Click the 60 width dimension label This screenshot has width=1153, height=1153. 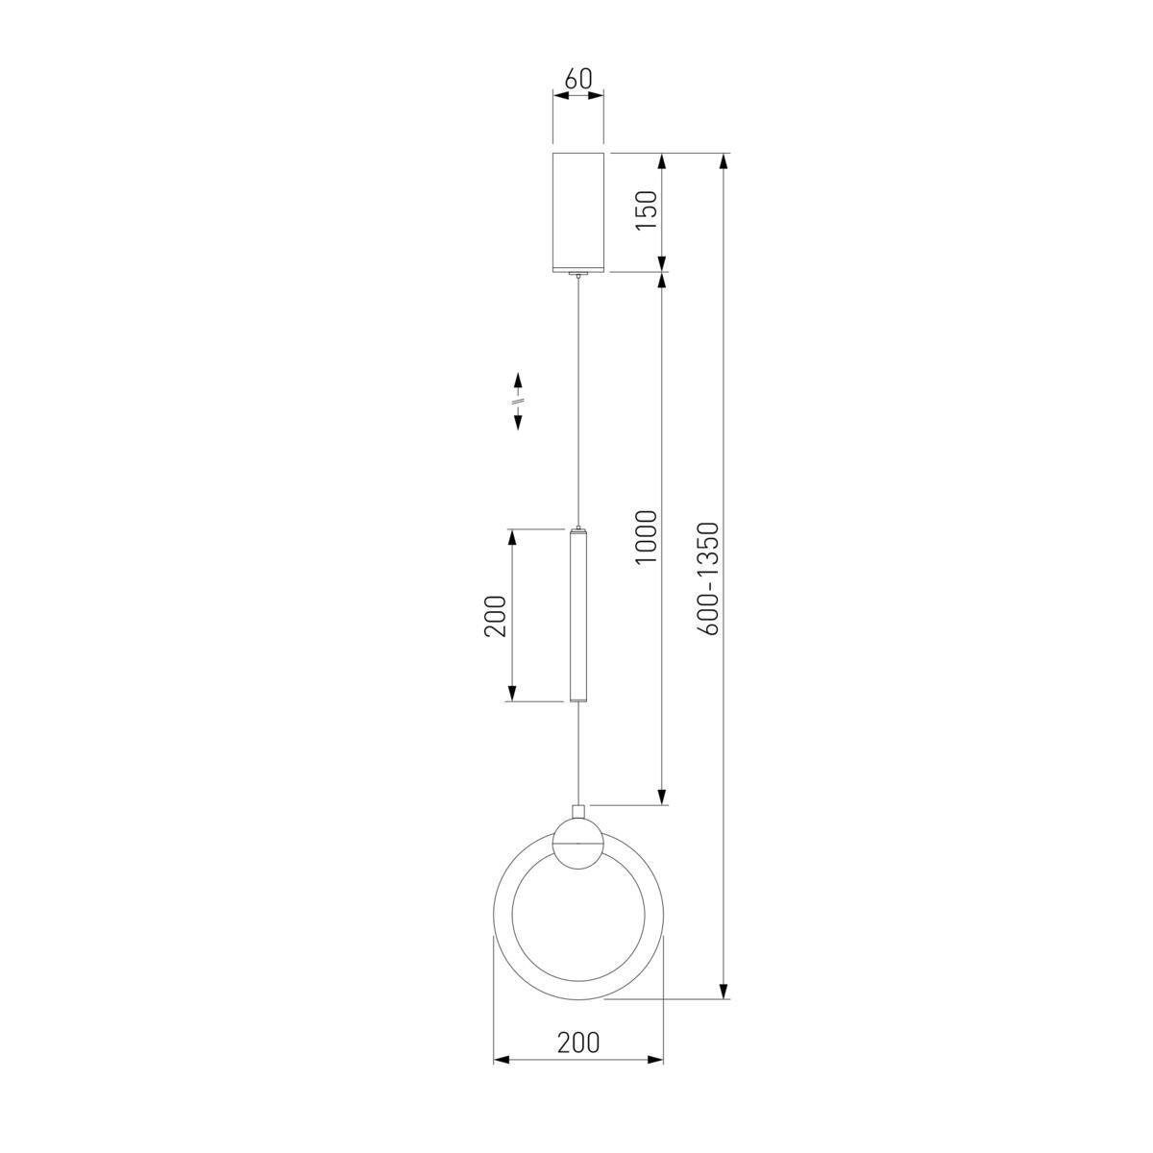pos(578,79)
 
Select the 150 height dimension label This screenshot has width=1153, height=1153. pos(647,210)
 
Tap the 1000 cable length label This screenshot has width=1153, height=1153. pos(647,537)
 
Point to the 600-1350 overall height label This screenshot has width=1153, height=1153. pos(708,578)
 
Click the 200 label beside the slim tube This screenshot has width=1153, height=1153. pos(495,616)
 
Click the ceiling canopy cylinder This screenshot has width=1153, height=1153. pos(578,212)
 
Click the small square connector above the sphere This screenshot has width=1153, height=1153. pos(578,812)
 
